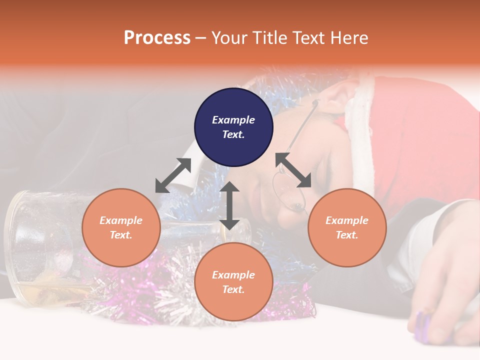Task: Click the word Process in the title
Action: tap(157, 38)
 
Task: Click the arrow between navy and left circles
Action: tap(173, 175)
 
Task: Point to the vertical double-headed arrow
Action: tap(229, 205)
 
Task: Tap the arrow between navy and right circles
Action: tap(293, 170)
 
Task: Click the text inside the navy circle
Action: tap(233, 127)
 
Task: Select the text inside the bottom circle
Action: tap(233, 282)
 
